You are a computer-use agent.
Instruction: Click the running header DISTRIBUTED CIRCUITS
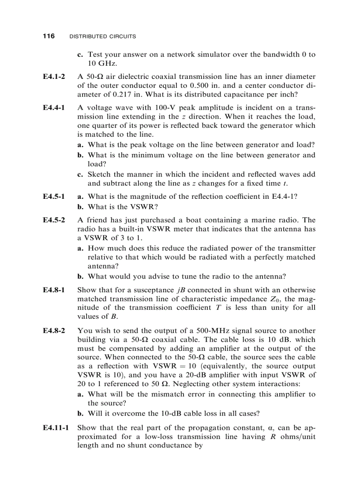coord(103,37)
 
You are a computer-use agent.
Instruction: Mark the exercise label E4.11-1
coord(56,428)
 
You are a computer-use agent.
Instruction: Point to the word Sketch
coord(99,174)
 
